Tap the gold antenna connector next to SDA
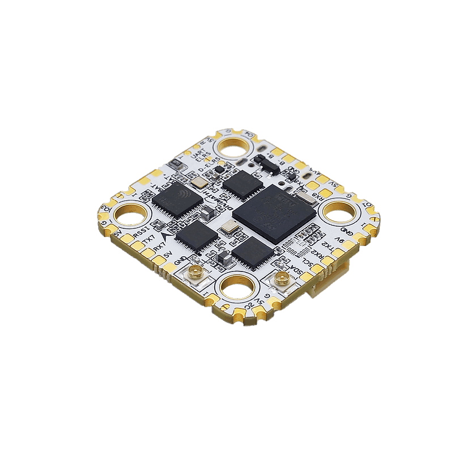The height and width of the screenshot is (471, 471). (281, 278)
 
